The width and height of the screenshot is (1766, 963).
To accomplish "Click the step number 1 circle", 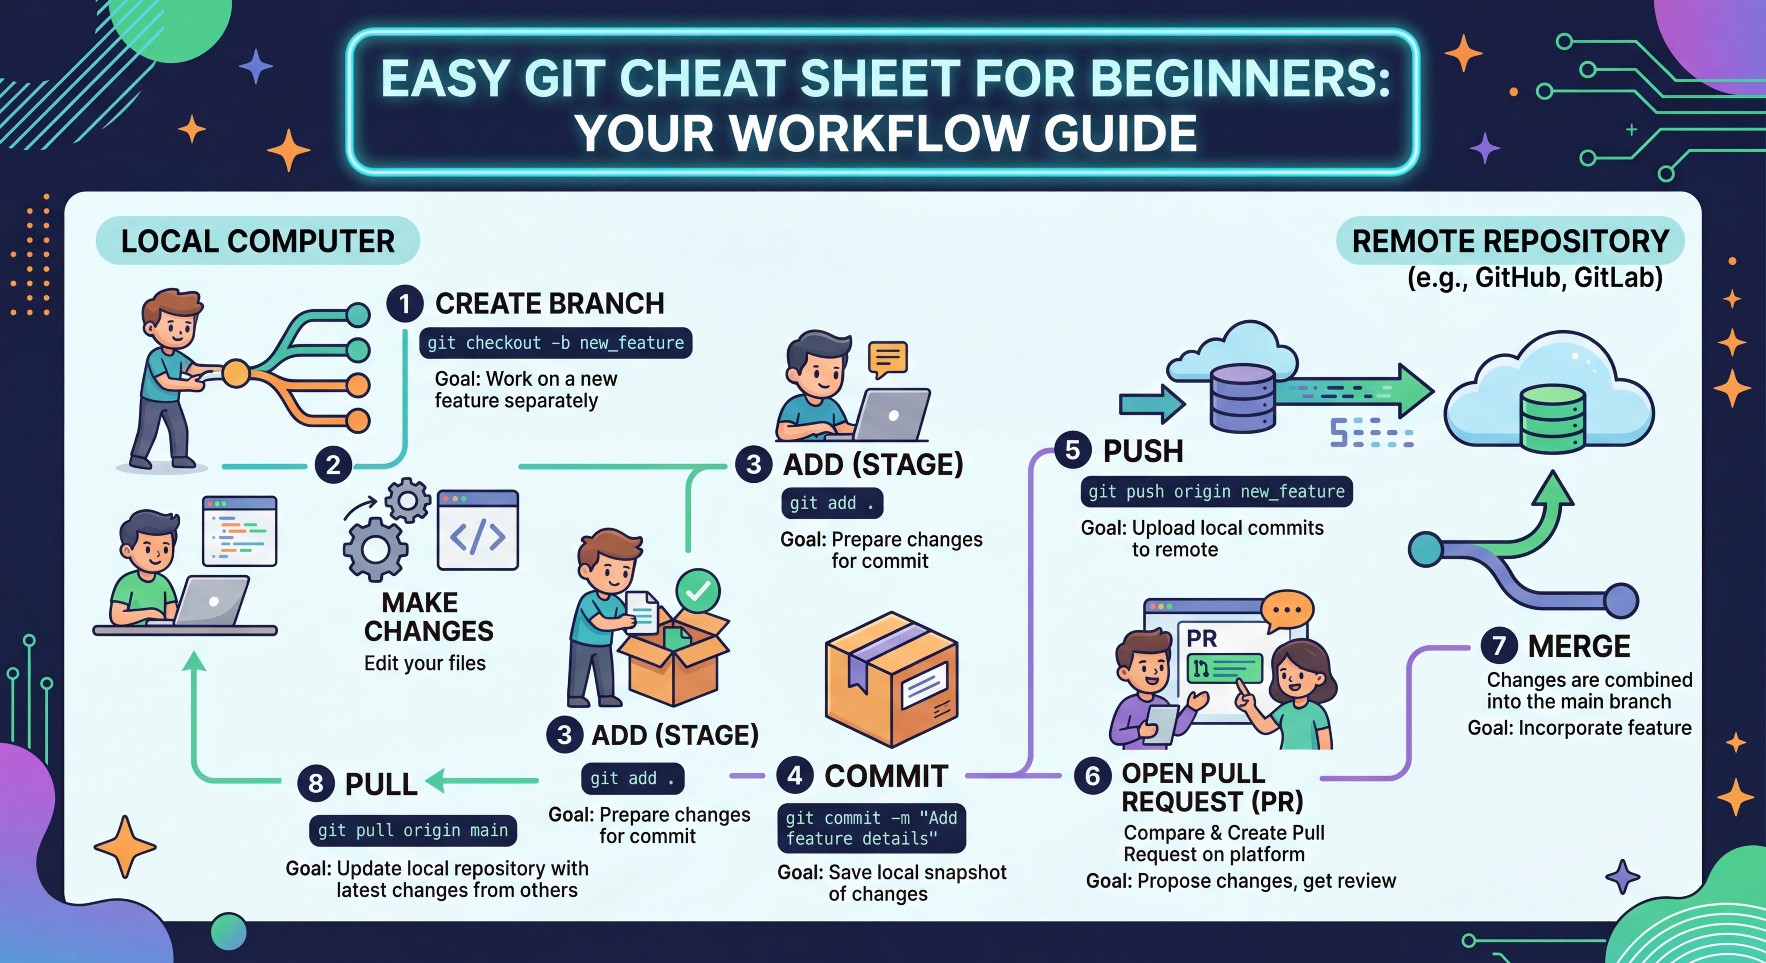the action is [x=404, y=303].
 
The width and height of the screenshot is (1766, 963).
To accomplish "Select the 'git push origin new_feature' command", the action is [x=1216, y=491].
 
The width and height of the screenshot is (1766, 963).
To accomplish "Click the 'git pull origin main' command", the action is [x=413, y=830].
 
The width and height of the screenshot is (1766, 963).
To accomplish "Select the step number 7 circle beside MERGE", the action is [x=1499, y=646].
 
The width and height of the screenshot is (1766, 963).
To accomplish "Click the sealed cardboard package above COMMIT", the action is [x=891, y=678].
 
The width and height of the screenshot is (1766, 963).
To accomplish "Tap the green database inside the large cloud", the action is [x=1552, y=418].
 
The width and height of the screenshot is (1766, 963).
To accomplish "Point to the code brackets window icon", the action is [x=478, y=530].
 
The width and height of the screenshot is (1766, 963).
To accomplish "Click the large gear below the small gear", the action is [x=376, y=549].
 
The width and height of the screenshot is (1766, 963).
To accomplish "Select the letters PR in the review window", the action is [x=1202, y=639].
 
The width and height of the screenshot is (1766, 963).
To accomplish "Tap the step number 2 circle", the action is [x=333, y=466].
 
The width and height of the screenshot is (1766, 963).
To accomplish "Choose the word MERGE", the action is [x=1579, y=646].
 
